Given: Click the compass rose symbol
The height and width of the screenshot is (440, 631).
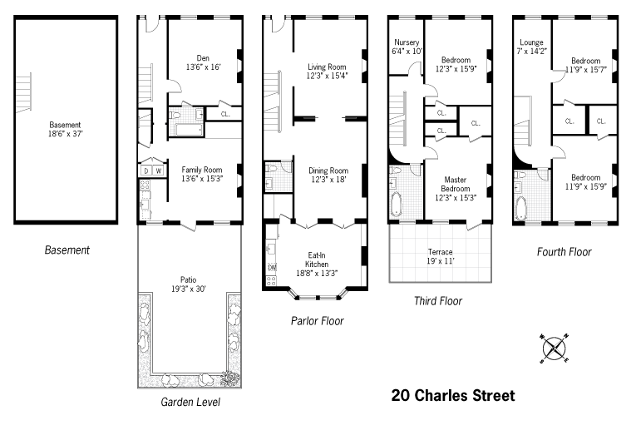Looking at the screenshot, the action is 555,349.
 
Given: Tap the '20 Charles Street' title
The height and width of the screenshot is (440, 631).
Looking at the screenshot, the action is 453,395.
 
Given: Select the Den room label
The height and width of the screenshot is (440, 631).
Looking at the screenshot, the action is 203,58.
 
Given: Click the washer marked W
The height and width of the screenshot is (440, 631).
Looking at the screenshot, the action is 159,171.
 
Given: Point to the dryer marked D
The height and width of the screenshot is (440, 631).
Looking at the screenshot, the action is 146,171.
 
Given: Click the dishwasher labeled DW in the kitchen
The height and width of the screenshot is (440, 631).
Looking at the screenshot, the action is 272,267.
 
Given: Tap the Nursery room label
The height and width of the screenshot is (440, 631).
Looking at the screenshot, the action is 407,42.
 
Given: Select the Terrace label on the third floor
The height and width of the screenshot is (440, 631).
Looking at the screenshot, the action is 441,252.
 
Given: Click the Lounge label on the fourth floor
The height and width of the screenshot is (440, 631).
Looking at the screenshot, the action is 531,42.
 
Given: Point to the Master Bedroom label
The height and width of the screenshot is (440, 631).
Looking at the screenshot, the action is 455,184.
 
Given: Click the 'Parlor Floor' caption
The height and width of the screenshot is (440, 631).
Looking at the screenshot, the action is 317,321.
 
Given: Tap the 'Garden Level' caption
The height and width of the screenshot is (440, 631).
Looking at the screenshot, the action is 190,402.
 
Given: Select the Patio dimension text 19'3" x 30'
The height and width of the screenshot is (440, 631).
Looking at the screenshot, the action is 189,289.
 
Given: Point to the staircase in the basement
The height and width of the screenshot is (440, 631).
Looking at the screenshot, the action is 23,91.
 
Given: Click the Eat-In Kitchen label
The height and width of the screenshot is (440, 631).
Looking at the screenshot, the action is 316,260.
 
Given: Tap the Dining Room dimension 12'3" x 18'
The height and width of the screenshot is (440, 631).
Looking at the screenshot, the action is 328,180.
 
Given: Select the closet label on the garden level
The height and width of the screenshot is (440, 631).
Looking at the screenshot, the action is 225,114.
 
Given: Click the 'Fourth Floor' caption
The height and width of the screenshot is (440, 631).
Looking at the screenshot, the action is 564,252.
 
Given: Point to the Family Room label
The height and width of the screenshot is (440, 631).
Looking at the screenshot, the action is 202,170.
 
